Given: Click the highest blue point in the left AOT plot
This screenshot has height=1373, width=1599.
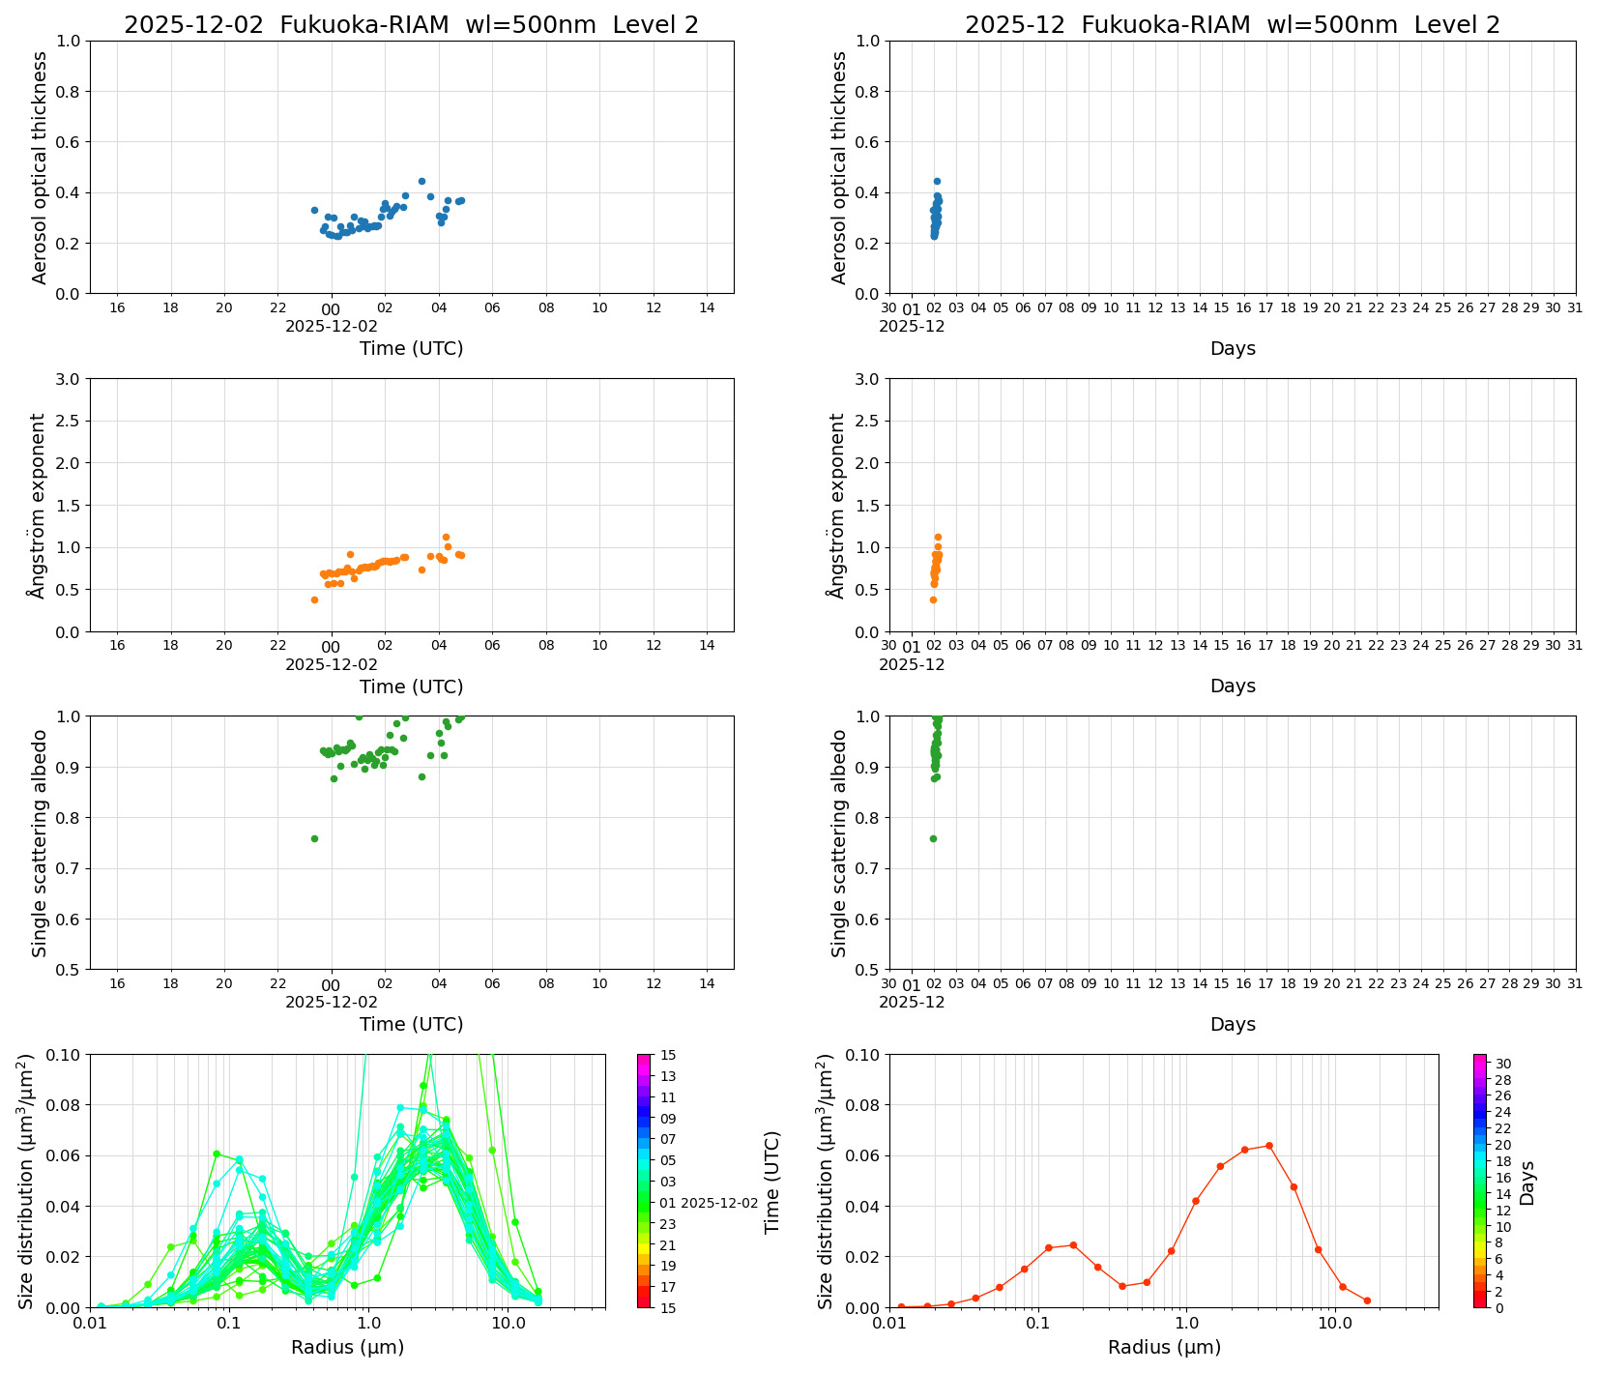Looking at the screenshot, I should (422, 181).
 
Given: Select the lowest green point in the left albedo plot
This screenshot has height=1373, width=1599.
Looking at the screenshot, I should (314, 838).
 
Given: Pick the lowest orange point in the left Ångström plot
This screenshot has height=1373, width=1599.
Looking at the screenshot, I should (314, 599).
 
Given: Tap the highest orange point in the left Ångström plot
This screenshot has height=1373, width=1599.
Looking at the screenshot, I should (446, 537).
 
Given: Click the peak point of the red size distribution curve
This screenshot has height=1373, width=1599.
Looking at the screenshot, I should (1268, 1146).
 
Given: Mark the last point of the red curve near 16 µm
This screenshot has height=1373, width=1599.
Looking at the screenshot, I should (1367, 1300).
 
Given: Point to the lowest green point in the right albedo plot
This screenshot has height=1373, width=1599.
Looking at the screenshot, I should (933, 838).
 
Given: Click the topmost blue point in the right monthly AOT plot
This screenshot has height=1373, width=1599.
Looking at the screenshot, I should (937, 181).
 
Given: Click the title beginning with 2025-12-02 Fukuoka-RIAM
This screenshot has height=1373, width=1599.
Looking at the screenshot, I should (411, 25).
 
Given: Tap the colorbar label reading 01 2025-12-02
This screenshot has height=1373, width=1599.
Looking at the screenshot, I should (710, 1203).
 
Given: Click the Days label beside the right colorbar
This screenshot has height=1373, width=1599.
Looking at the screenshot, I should (1527, 1183).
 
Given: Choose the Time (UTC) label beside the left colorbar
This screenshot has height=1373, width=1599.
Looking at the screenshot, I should (771, 1183).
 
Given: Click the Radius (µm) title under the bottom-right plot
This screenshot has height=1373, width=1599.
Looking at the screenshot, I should (1164, 1347).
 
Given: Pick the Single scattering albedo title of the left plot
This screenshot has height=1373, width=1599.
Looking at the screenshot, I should (40, 843).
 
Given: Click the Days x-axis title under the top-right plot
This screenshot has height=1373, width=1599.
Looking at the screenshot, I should (1233, 348).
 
